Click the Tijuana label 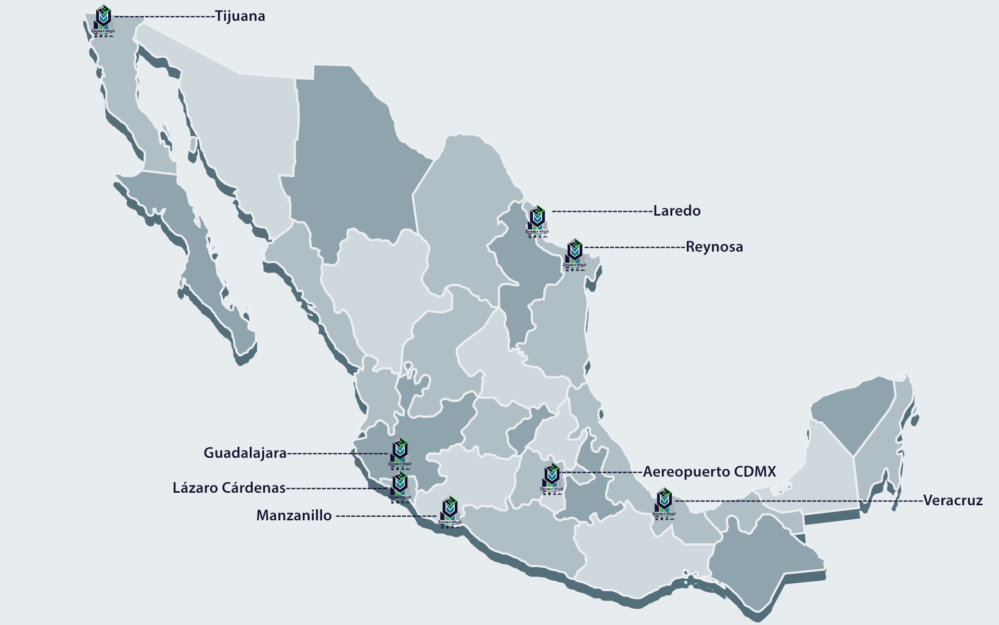click(240, 16)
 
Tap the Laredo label click(676, 211)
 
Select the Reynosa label click(714, 247)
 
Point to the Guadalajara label click(245, 453)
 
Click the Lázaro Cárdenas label click(229, 488)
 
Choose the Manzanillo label click(294, 516)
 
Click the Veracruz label click(953, 501)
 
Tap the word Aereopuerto click(686, 472)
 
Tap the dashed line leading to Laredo click(601, 211)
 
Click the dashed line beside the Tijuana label click(164, 17)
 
